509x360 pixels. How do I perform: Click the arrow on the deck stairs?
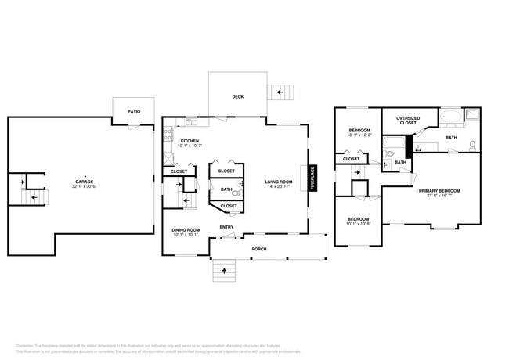click(x=278, y=93)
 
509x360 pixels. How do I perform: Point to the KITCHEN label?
click(x=190, y=141)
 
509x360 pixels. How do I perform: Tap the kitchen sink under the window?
click(x=190, y=122)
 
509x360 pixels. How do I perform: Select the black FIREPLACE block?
click(x=312, y=178)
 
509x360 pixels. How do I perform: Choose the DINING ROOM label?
click(x=186, y=229)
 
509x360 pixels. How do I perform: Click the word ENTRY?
click(x=226, y=227)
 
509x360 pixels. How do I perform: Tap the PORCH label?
click(x=258, y=249)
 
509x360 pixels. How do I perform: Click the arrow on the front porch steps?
click(x=225, y=271)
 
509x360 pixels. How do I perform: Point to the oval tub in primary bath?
click(x=451, y=118)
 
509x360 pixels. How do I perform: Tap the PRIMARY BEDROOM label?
click(x=439, y=190)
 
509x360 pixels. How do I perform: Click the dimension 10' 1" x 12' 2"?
click(x=359, y=135)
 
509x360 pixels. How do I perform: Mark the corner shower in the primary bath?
click(x=472, y=116)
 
